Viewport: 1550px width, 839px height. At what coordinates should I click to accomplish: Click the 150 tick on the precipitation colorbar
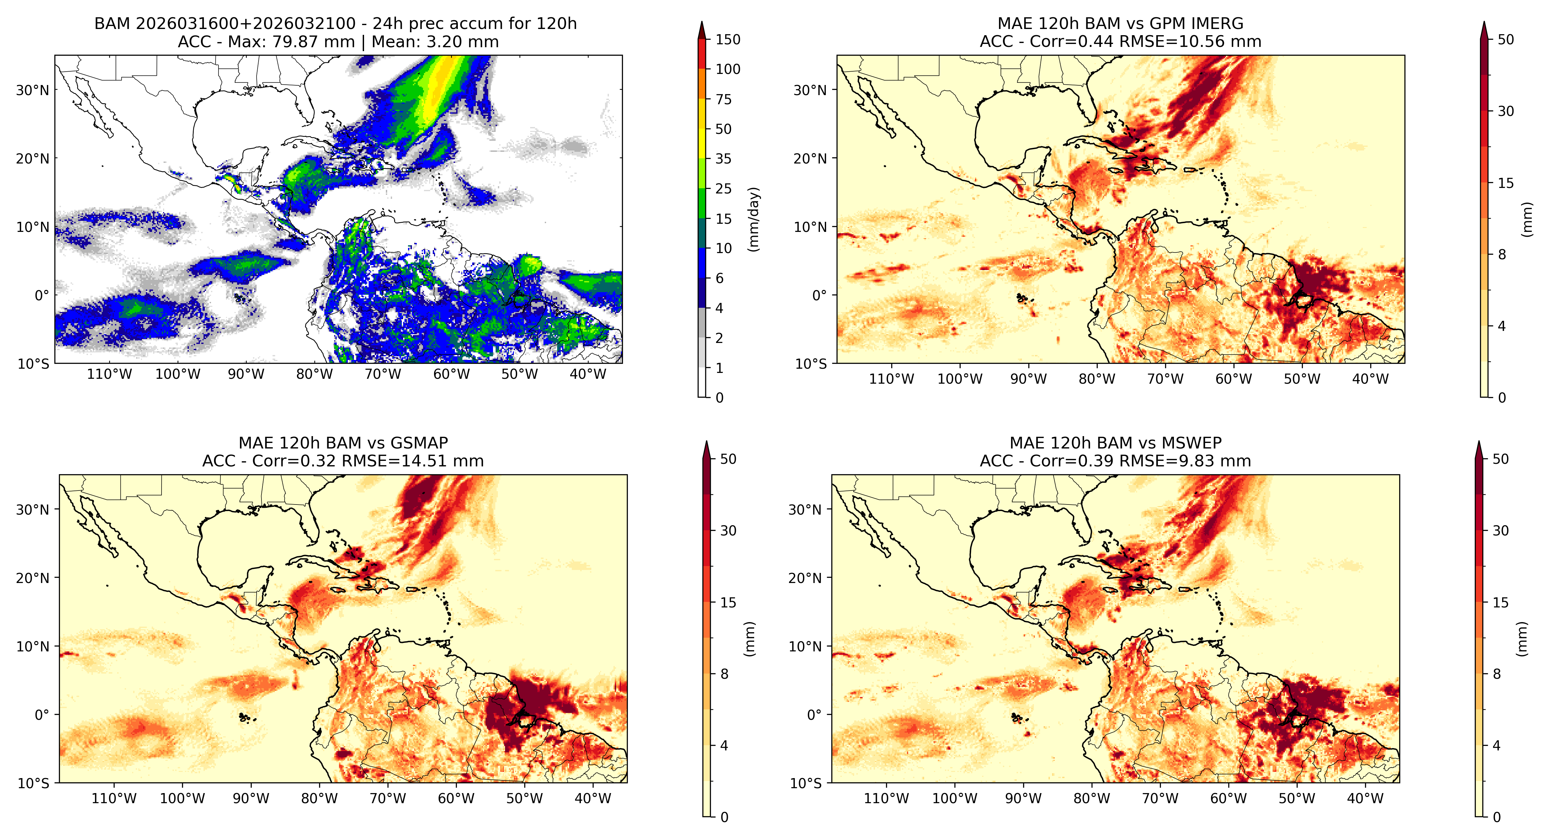727,40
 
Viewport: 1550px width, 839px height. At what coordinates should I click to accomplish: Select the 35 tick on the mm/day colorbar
723,159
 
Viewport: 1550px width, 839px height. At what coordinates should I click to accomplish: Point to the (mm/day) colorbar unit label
753,219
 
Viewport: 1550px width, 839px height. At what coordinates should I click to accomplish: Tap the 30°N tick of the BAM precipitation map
33,90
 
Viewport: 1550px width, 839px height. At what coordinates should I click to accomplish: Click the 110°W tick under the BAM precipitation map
109,374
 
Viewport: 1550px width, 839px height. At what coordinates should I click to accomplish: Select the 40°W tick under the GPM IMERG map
1370,379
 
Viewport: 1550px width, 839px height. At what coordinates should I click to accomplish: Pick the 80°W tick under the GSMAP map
319,799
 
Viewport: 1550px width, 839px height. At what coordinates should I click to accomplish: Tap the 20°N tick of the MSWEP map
805,578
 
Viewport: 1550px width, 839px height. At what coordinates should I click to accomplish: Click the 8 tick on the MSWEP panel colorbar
1497,674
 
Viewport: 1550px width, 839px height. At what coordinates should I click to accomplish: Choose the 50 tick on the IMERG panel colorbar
1505,40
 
